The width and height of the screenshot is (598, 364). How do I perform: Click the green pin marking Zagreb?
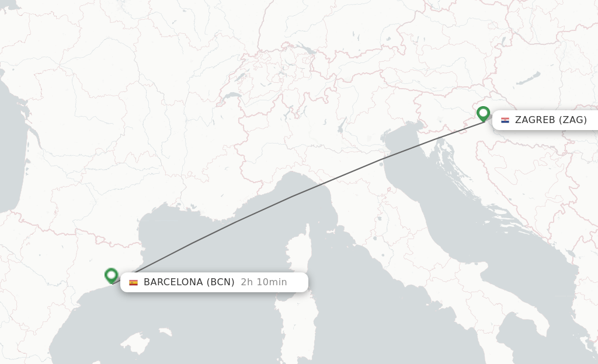(x=483, y=113)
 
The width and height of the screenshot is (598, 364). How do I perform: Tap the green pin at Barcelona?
(x=112, y=275)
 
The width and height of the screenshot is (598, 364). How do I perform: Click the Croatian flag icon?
(x=505, y=120)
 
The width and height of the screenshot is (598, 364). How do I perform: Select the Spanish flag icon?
(x=134, y=282)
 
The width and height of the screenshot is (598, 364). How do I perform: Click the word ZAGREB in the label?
(x=534, y=120)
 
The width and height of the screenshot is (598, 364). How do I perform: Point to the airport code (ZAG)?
(x=572, y=120)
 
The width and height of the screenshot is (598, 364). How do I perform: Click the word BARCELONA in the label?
(x=173, y=282)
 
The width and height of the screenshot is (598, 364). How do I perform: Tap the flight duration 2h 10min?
(x=264, y=282)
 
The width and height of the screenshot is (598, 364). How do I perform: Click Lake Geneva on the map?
(x=232, y=96)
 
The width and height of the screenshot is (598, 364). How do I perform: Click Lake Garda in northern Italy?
(x=341, y=124)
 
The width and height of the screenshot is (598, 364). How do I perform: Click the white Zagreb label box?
(x=545, y=120)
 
